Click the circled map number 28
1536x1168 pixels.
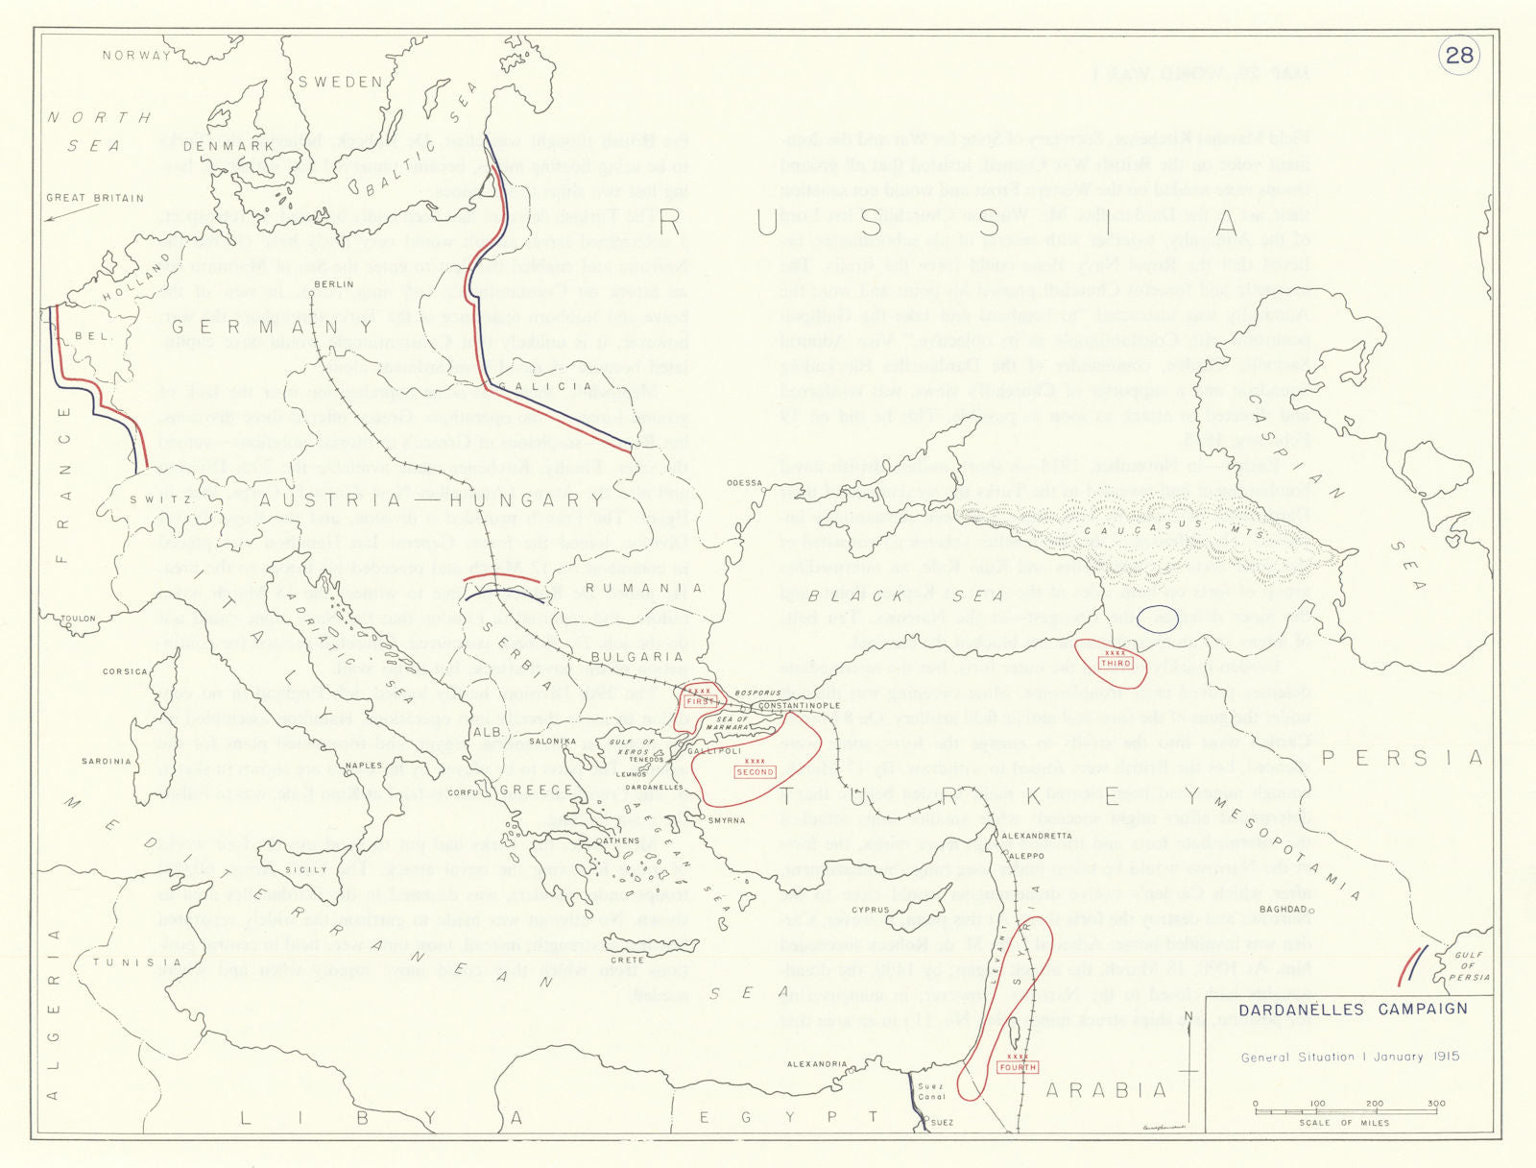coord(1458,55)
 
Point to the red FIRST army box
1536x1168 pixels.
coord(701,701)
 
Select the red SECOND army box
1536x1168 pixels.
coord(755,771)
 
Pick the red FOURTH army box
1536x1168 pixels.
coord(1017,1067)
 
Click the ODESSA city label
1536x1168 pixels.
coord(744,483)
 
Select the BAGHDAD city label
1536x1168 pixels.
coord(1284,909)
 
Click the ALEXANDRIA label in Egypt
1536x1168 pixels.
coord(817,1064)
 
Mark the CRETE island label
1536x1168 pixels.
coord(627,959)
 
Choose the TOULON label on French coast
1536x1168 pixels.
coord(79,619)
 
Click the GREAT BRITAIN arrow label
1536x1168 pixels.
coord(95,198)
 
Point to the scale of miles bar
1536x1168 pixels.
coord(1349,1110)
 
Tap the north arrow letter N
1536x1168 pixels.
coord(1189,1016)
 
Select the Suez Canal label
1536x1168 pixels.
coord(931,1091)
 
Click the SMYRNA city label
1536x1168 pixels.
coord(726,820)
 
